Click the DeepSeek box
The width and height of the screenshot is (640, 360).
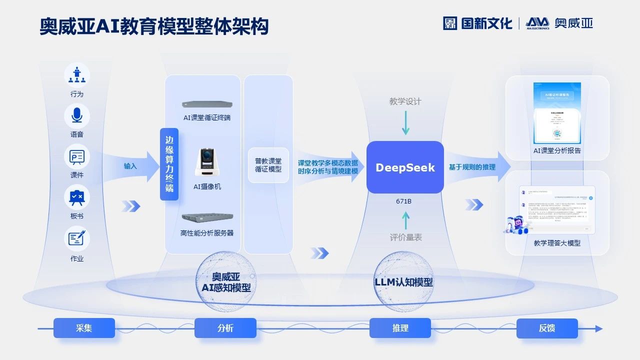pos(405,167)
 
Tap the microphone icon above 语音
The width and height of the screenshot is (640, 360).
pos(76,115)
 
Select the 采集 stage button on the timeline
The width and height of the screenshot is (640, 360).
pos(84,328)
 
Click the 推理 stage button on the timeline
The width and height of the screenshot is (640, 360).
pos(400,328)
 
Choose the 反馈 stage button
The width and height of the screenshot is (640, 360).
pos(546,328)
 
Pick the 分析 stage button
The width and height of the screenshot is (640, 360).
pos(225,328)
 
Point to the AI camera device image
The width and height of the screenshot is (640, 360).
pos(207,162)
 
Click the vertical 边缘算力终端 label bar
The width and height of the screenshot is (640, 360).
pos(169,164)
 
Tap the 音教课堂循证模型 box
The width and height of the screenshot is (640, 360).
pos(268,165)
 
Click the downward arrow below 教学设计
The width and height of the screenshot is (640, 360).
pos(405,123)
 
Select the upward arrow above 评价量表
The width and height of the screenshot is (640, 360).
pos(405,219)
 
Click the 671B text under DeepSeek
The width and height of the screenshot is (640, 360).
pos(403,201)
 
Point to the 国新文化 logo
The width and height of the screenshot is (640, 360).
pos(477,23)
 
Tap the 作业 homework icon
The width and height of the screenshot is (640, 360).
pos(76,238)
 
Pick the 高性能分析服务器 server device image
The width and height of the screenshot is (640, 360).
pos(207,217)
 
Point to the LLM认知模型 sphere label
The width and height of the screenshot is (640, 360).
pos(403,282)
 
